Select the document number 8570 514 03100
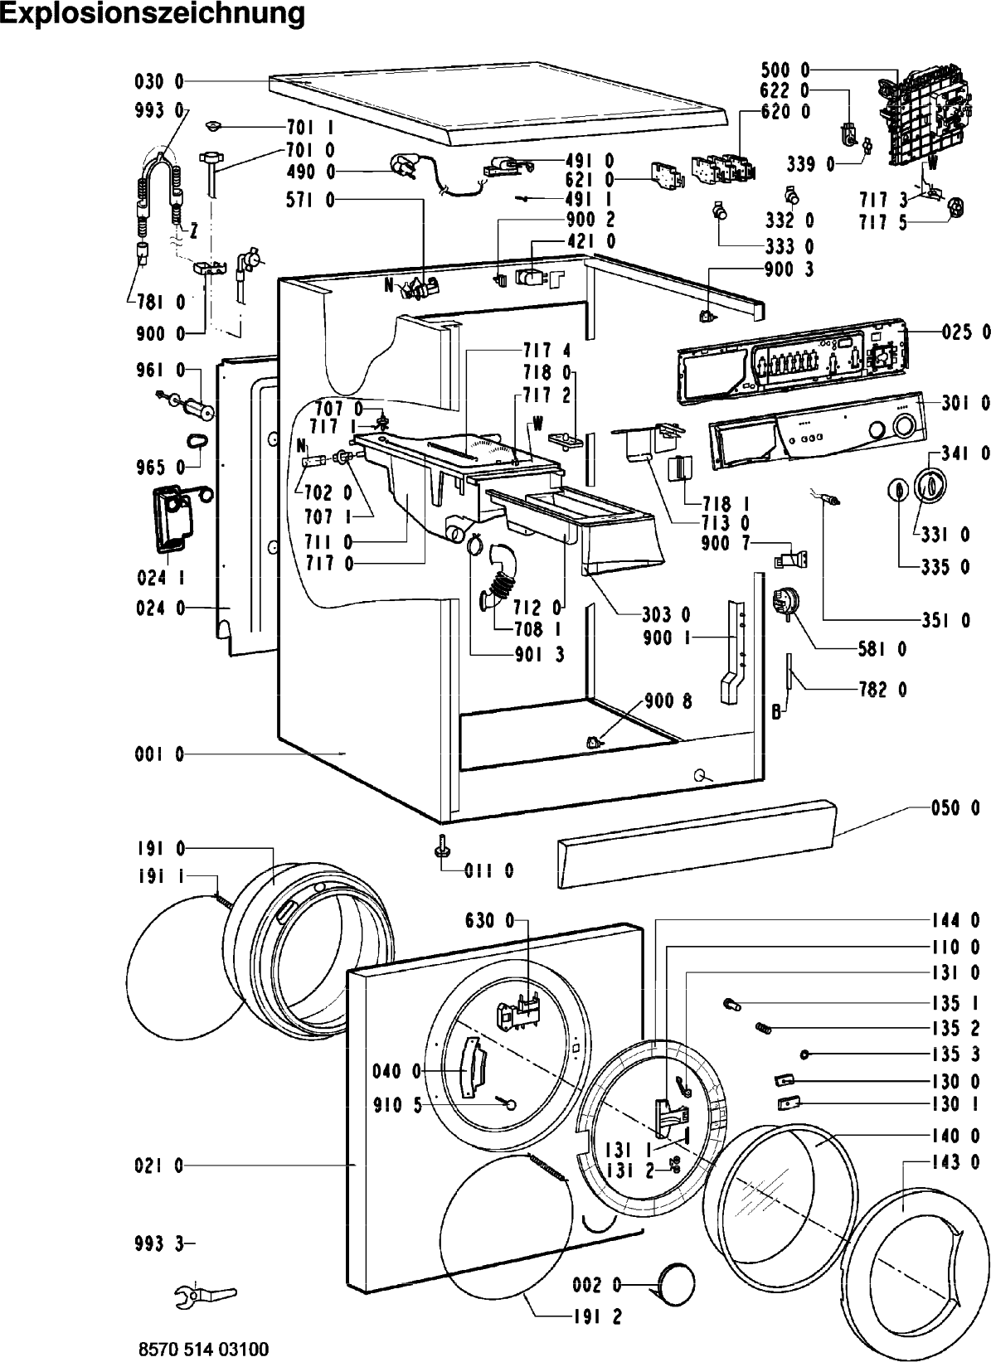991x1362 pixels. pyautogui.click(x=204, y=1350)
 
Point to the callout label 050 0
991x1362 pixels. pyautogui.click(x=955, y=808)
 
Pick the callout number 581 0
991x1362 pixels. pyautogui.click(x=882, y=649)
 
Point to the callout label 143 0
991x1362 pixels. pyautogui.click(x=955, y=1162)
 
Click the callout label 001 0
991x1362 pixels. pyautogui.click(x=158, y=754)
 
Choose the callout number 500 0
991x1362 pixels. pyautogui.click(x=785, y=70)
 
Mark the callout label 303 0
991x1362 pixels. pyautogui.click(x=666, y=615)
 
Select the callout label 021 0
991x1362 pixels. pyautogui.click(x=158, y=1166)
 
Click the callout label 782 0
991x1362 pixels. pyautogui.click(x=882, y=690)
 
